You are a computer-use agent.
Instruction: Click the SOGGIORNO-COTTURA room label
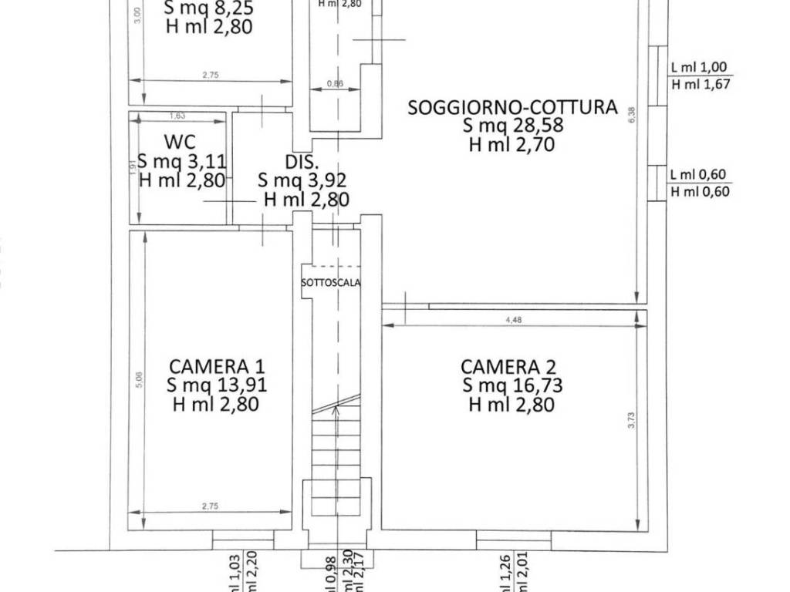pos(512,107)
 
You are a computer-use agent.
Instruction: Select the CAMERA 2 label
pos(508,366)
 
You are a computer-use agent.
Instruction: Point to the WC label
pos(179,142)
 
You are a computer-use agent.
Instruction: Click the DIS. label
pos(302,161)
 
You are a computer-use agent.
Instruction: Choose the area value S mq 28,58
pos(512,126)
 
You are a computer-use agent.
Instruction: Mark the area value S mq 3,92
pos(302,180)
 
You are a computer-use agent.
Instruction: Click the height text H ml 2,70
pos(512,144)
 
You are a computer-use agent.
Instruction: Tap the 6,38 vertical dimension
pos(631,115)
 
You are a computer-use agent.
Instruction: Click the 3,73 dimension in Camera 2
pos(631,420)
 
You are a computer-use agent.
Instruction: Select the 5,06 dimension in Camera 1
pos(140,379)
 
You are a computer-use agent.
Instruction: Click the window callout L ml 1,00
pos(700,68)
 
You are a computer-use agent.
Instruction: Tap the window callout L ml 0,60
pos(700,174)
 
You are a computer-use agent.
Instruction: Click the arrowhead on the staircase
pos(336,411)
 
